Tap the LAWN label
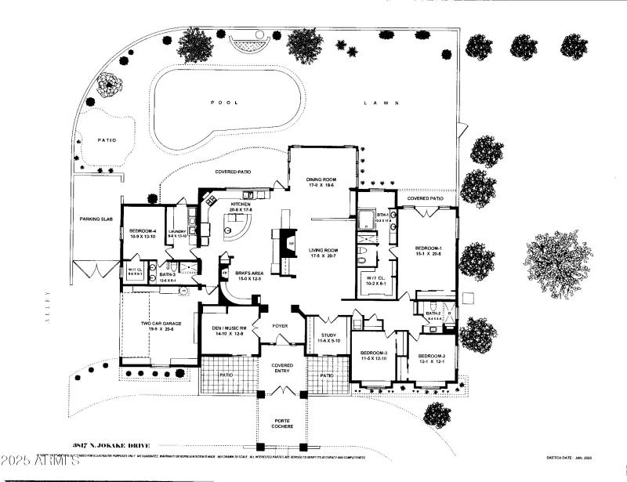point(382,103)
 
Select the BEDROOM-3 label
point(374,353)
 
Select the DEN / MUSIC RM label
point(228,328)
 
